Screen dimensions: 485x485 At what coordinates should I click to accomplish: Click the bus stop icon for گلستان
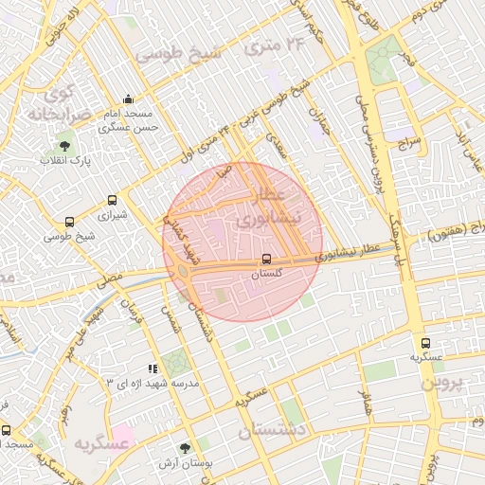tap(266, 259)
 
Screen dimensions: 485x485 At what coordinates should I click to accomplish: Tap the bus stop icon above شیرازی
tap(113, 200)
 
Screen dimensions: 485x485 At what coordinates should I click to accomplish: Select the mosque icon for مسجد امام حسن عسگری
tap(129, 99)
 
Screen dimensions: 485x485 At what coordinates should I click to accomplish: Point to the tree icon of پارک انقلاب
tap(64, 146)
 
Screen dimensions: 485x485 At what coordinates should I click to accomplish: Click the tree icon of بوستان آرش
tap(185, 449)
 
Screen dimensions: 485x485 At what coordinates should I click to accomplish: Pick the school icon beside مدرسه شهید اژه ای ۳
tap(153, 367)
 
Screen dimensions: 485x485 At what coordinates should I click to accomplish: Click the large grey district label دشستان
tap(272, 430)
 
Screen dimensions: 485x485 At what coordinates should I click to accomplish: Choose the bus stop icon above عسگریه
tap(424, 343)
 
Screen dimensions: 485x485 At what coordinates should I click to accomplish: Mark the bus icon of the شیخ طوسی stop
tap(69, 222)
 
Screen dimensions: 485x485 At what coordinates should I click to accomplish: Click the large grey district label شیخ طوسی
tap(178, 53)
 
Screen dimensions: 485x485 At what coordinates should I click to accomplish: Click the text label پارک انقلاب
tap(65, 161)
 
